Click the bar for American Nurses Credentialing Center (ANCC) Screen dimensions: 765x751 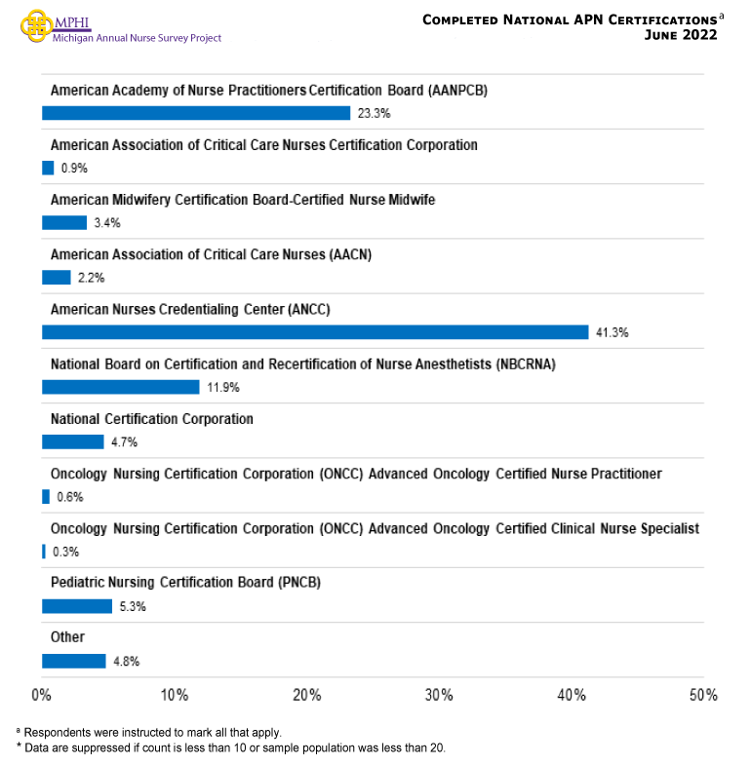[315, 332]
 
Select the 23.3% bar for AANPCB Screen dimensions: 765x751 [196, 113]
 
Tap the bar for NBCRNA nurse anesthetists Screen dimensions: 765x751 [121, 387]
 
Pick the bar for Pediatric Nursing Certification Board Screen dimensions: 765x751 [77, 606]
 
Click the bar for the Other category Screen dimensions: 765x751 [74, 661]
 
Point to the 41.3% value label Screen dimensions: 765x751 [613, 332]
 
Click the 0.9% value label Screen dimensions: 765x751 [74, 168]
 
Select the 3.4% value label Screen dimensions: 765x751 [106, 223]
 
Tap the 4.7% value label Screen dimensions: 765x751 [124, 442]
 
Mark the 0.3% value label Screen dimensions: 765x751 [66, 552]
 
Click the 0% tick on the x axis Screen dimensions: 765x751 [42, 696]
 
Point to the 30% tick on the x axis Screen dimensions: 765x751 [439, 696]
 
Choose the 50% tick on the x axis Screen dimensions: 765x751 [703, 696]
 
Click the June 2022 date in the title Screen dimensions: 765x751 [681, 35]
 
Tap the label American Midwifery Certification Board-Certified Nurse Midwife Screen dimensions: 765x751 [242, 200]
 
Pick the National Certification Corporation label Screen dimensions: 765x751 [151, 419]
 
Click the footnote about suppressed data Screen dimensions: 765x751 [230, 747]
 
